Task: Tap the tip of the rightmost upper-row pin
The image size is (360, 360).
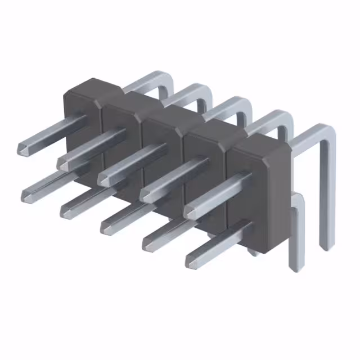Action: (192, 212)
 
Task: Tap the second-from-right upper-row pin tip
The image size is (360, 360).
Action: (147, 195)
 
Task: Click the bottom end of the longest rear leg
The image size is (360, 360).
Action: (326, 245)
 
